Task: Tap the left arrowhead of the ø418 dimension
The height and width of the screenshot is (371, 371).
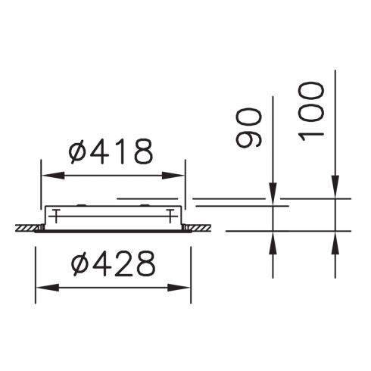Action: (48, 176)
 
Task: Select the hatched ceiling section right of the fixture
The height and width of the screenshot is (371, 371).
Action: (198, 227)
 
